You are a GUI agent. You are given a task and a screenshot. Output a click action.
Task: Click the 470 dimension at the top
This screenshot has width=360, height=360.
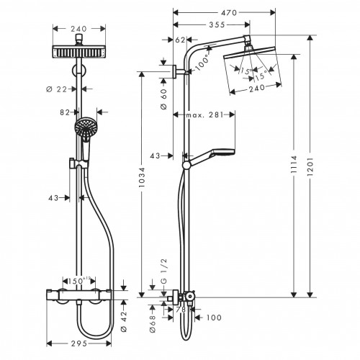[230, 13]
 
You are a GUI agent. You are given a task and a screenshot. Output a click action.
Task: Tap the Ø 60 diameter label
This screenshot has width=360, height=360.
[163, 94]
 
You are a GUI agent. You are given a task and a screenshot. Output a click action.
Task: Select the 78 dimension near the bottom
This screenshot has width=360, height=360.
[180, 310]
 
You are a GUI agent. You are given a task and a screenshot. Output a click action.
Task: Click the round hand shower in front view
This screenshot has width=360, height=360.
[84, 130]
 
